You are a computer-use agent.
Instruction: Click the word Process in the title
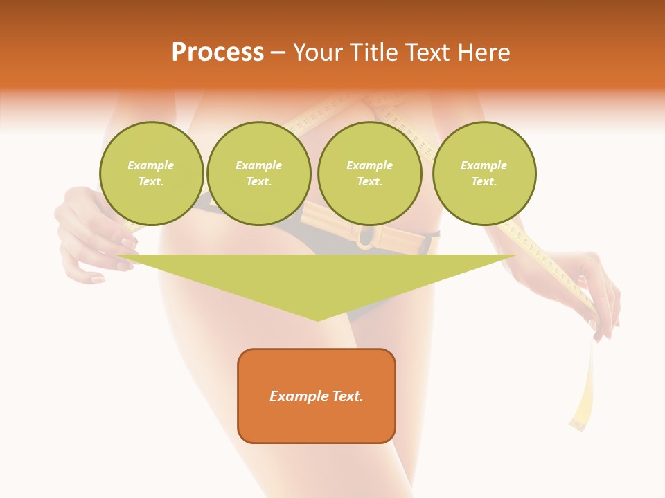click(x=218, y=53)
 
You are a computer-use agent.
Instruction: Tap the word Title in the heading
click(x=371, y=53)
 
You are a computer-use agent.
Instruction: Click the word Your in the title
click(x=317, y=53)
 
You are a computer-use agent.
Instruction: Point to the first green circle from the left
click(x=152, y=174)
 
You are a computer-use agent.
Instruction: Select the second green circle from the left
click(x=259, y=174)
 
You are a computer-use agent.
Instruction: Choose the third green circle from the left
click(x=370, y=174)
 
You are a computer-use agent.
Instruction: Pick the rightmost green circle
click(x=484, y=174)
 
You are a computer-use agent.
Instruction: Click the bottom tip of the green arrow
click(x=318, y=320)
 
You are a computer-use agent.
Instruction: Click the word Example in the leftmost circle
click(x=151, y=165)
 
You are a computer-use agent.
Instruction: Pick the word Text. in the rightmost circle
click(x=484, y=182)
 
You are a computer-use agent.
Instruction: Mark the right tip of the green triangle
click(x=516, y=256)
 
